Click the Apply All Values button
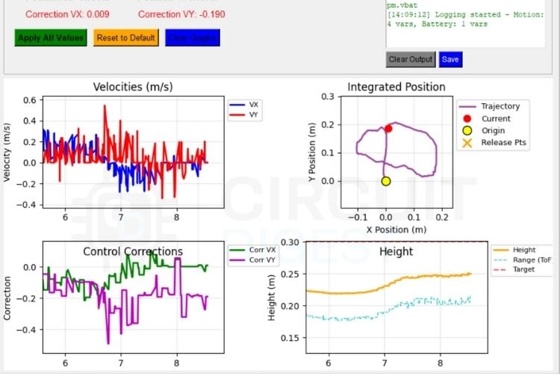51,38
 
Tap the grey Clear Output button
410,59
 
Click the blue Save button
449,59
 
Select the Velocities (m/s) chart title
133,87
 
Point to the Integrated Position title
396,87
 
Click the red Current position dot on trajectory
388,129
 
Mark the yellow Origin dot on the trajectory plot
386,181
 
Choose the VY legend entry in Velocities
251,115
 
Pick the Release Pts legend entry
505,143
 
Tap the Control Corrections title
133,251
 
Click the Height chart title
396,251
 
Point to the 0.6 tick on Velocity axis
30,100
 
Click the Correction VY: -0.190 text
181,13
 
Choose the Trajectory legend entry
500,106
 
